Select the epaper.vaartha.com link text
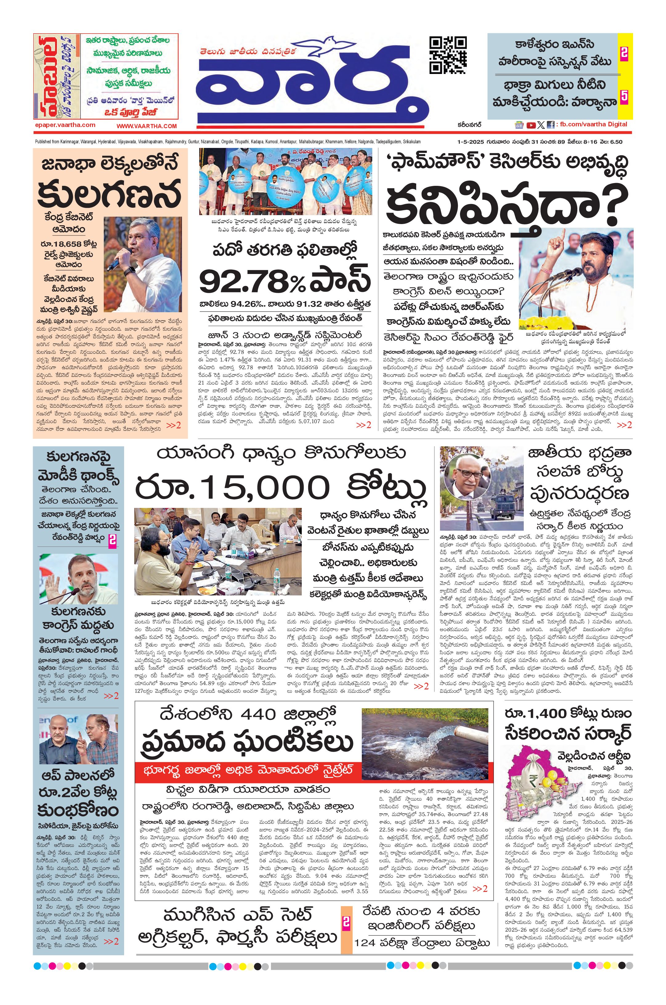(x=65, y=125)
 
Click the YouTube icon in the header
(x=531, y=125)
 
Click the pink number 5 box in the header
(x=624, y=96)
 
